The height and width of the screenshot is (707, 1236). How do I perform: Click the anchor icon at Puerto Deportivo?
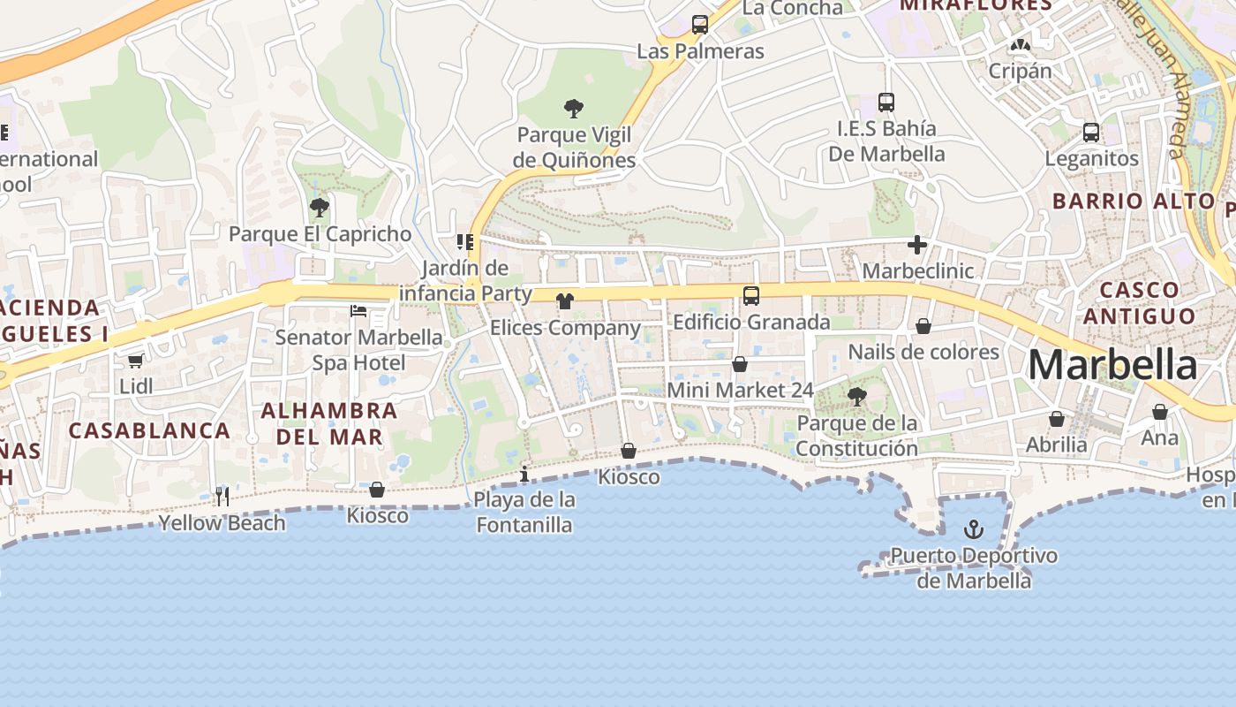coord(973,529)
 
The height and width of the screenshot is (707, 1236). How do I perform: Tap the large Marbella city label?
coord(1112,365)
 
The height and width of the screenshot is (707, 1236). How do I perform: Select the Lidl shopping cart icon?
coord(135,361)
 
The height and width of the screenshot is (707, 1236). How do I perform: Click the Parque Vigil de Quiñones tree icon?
coord(574,109)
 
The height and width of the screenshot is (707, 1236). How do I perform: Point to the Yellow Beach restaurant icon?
coord(222,496)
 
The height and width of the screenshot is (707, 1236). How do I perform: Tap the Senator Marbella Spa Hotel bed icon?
coord(358,310)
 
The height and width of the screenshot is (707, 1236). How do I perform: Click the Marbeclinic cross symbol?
coord(917,245)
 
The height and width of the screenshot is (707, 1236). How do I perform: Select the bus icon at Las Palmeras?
coord(700,25)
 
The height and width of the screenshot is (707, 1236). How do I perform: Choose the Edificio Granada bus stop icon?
coord(751,295)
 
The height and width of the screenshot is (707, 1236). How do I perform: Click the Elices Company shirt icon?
coord(565,301)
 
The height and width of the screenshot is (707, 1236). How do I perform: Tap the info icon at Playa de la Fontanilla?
coord(524,474)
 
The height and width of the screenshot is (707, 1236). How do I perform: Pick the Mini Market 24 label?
coord(740,390)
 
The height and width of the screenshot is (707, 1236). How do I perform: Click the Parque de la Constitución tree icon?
coord(856,396)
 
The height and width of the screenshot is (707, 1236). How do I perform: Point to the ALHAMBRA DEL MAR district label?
coord(329,423)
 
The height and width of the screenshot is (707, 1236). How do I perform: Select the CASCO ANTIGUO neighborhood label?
coord(1139,302)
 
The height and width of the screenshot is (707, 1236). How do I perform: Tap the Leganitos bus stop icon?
coord(1091,133)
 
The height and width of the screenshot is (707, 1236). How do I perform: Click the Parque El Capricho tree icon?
coord(320,208)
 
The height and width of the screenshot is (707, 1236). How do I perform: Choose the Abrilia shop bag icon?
coord(1057,419)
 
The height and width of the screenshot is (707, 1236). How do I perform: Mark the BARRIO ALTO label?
coord(1134,201)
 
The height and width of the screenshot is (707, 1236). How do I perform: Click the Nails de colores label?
coord(923,352)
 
